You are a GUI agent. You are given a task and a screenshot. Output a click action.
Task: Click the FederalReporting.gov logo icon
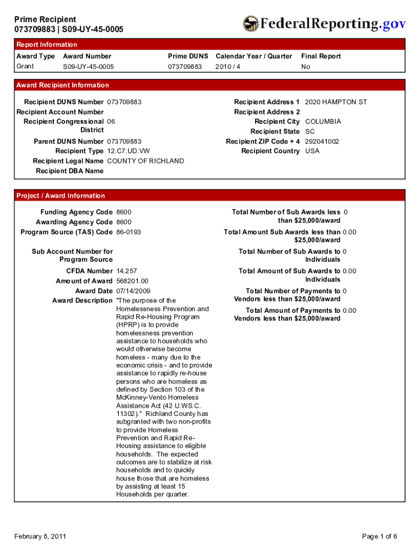(x=251, y=24)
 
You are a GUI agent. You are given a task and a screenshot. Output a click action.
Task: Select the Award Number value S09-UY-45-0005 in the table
(x=88, y=67)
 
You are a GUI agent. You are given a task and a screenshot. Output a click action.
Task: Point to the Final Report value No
(x=306, y=67)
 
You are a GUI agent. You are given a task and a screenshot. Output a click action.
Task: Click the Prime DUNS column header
(x=188, y=56)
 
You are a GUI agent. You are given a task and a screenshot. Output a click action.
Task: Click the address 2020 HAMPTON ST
(x=336, y=102)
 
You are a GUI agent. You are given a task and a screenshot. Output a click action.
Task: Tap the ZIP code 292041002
(x=322, y=141)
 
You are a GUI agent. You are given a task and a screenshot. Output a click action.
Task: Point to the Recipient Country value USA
(x=312, y=151)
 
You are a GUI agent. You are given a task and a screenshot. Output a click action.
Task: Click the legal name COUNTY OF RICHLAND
(x=145, y=161)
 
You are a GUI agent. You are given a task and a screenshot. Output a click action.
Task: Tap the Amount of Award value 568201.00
(x=132, y=281)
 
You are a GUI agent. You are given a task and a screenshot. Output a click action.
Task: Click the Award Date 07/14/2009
(x=133, y=291)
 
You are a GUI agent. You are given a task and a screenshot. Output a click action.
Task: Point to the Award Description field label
(x=82, y=301)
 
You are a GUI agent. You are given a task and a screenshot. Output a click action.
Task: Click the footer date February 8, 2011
(x=40, y=536)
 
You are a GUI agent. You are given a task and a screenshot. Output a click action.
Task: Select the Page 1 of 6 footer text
(x=379, y=536)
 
